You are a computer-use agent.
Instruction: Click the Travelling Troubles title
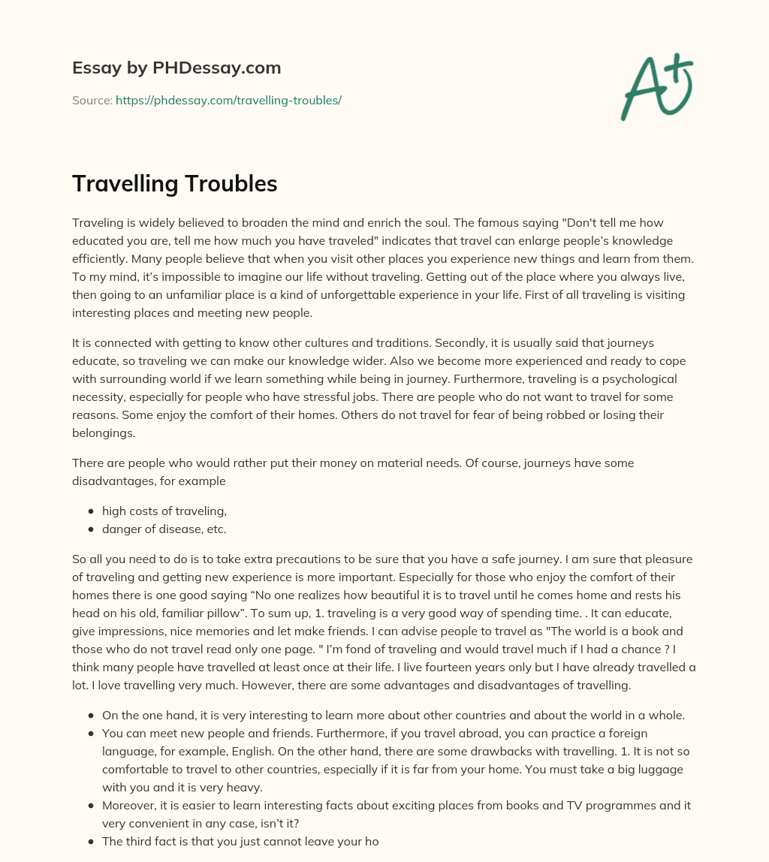coord(174,184)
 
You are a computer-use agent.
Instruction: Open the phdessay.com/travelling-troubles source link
coord(228,100)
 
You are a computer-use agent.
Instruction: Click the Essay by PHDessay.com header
coord(176,68)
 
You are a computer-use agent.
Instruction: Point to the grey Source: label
coord(92,100)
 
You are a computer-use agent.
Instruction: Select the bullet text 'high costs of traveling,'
coord(164,511)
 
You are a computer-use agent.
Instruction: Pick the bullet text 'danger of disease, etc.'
coord(164,529)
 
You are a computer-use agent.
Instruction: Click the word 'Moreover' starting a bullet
coord(128,805)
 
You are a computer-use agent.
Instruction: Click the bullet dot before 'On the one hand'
coord(91,716)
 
